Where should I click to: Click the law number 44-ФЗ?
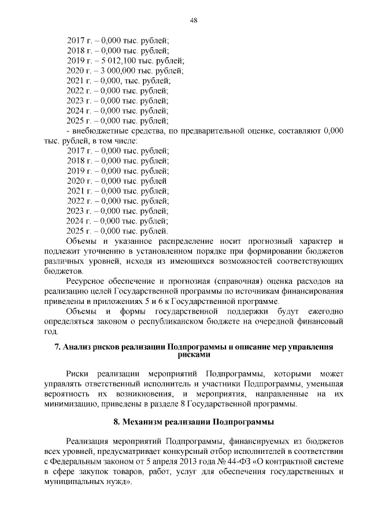220,461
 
